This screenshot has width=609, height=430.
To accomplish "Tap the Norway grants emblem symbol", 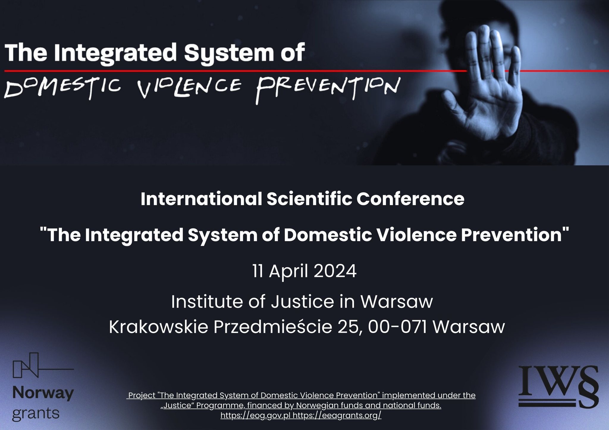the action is [x=43, y=365].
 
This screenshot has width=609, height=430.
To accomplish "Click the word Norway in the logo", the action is [x=43, y=394].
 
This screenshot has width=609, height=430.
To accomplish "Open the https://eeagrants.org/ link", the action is [x=337, y=415].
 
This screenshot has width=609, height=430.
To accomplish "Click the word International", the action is [x=201, y=199].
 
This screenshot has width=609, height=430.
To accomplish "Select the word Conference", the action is [x=410, y=199].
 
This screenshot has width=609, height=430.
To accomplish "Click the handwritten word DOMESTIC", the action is [x=62, y=86].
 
